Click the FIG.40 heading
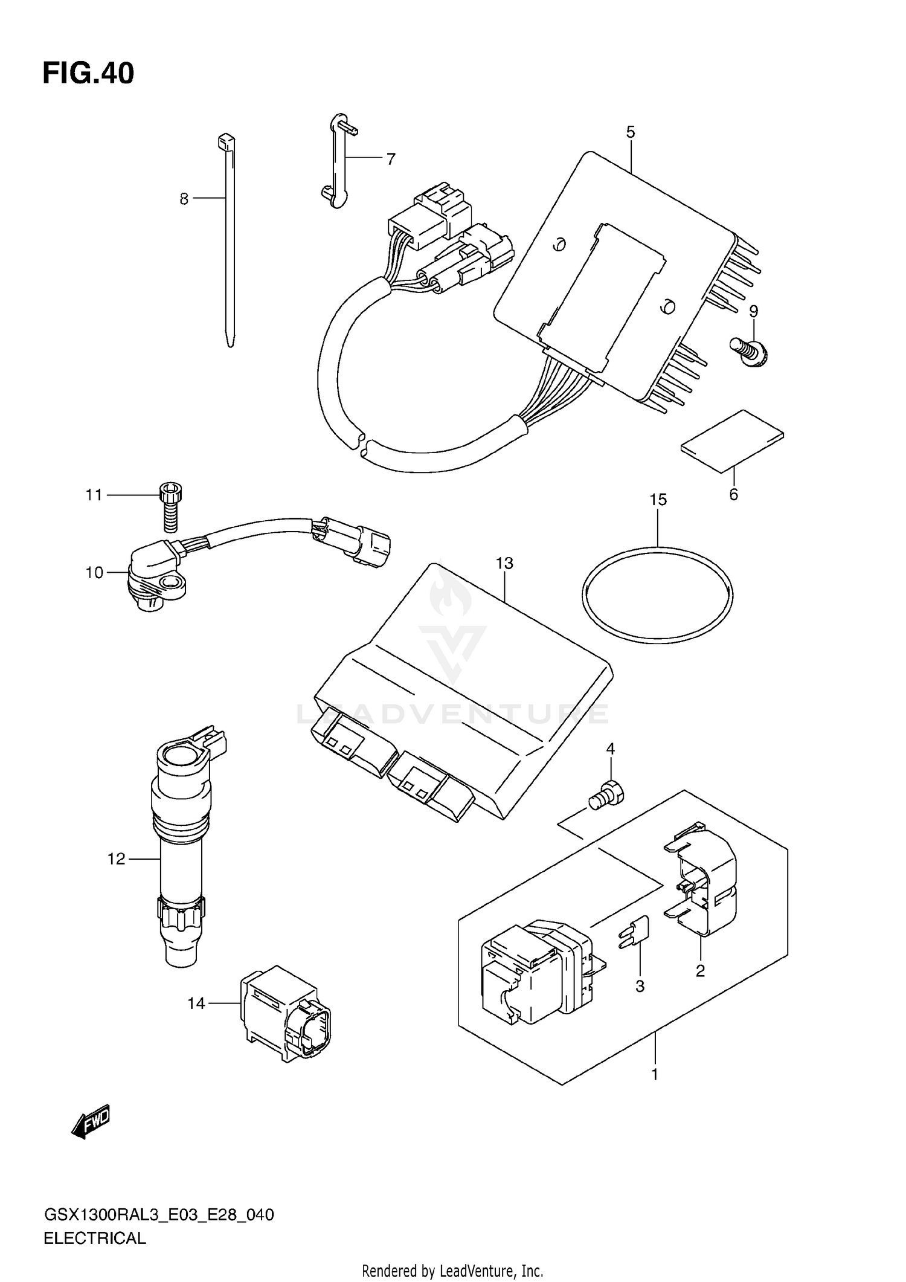88,74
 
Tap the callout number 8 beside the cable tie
184,199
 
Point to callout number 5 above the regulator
631,132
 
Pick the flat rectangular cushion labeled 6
732,440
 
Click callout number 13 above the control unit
504,563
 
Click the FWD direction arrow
91,1121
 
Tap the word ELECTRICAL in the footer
95,1239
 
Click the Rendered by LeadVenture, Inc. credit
452,1271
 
